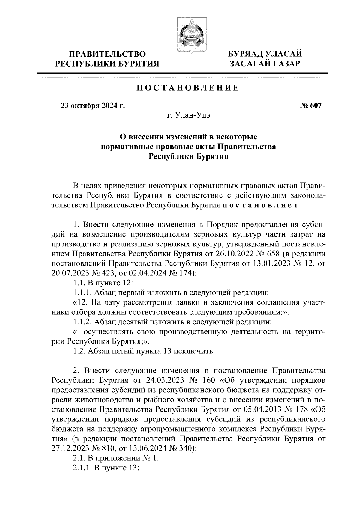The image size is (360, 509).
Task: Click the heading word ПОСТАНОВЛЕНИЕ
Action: [x=188, y=88]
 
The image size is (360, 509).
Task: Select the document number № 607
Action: [x=310, y=106]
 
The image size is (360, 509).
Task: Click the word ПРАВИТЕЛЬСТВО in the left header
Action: [x=107, y=54]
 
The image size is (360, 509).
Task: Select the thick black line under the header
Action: [x=182, y=73]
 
